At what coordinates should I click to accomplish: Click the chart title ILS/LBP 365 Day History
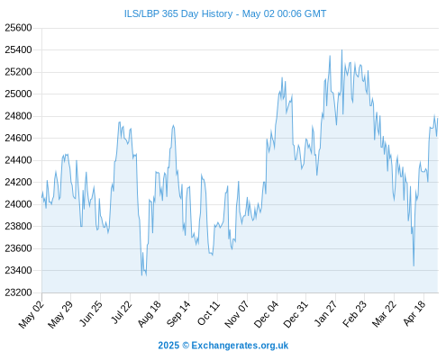178,13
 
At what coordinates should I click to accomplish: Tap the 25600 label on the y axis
18,28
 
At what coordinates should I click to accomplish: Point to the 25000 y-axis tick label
18,94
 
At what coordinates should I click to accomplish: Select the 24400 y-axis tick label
18,160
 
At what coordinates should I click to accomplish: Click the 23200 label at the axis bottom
18,292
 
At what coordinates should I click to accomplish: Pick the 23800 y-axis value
18,226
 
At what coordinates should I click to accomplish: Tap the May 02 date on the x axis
32,314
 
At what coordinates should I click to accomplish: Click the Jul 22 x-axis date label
122,312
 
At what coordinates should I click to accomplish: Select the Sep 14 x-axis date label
178,314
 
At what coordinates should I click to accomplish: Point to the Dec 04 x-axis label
266,314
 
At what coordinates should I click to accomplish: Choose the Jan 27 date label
325,313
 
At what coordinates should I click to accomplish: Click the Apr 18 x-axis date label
414,313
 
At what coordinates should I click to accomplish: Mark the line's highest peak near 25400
341,50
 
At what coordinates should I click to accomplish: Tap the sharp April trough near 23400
414,265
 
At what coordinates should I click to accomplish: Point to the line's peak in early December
282,77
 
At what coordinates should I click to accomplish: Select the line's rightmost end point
438,119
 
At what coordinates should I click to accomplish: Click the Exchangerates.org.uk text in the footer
240,346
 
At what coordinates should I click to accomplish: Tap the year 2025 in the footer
168,346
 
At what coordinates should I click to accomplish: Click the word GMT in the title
315,13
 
